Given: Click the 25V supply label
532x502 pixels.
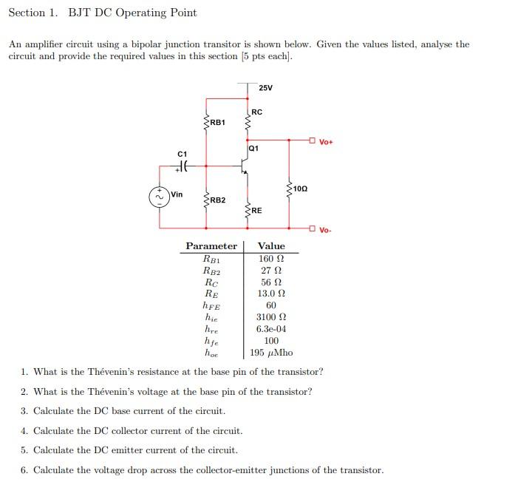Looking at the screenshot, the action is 266,88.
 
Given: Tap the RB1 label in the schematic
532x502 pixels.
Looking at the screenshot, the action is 217,122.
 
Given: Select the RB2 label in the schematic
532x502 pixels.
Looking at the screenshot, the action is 217,200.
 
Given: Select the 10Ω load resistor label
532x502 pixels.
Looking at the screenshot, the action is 299,189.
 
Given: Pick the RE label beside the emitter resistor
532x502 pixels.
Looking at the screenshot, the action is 256,211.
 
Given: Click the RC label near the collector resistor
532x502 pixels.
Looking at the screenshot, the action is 256,112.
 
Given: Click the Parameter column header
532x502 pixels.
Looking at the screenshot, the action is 211,246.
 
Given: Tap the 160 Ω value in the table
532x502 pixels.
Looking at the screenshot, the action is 271,259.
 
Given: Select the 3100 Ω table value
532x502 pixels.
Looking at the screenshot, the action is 271,317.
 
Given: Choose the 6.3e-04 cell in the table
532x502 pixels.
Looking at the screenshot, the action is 271,329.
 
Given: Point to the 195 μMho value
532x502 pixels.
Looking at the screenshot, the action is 271,353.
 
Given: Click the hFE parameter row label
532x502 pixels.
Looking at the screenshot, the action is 211,305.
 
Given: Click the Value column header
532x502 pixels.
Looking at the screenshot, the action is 271,246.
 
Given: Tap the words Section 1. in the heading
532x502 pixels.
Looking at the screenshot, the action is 35,13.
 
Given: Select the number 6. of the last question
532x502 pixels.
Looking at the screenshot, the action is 24,470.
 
